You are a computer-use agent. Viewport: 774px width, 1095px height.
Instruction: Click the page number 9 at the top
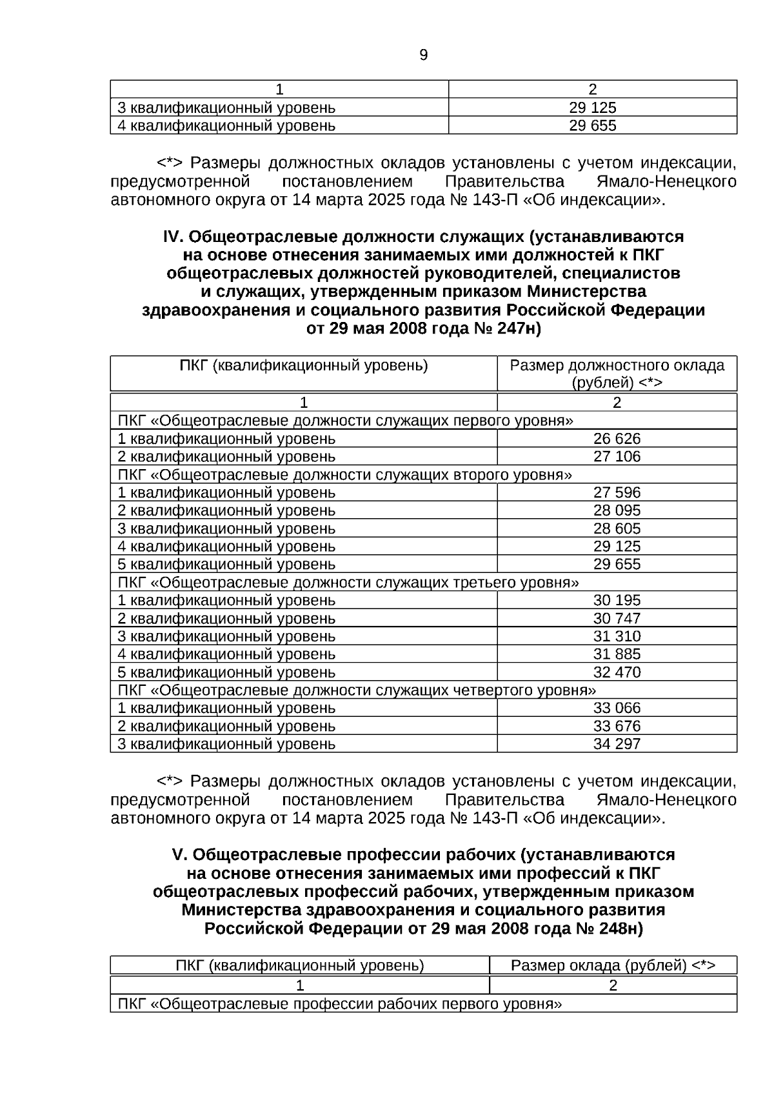423,55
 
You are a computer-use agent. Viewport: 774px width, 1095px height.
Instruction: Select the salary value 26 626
617,439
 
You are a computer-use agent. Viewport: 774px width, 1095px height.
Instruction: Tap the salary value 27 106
617,457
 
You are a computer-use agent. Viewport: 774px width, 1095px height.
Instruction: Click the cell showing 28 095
617,510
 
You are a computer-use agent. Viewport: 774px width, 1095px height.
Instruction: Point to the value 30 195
617,600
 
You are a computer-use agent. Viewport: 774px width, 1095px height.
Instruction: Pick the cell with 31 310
617,636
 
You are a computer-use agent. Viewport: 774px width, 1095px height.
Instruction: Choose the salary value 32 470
617,672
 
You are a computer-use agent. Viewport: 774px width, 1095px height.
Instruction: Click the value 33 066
617,708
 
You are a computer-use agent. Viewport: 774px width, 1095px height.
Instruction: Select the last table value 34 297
617,744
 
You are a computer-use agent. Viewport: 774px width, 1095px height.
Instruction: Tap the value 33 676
617,726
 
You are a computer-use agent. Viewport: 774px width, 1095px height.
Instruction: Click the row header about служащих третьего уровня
348,583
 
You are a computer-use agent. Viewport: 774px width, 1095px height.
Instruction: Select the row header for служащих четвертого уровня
357,690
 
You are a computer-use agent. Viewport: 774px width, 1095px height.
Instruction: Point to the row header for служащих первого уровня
346,421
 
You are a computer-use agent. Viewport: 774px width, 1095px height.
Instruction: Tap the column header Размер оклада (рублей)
613,965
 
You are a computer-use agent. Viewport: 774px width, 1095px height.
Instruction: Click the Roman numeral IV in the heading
173,237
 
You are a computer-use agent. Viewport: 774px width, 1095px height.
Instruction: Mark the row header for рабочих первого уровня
340,1004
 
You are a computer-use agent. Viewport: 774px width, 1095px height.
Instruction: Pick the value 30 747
617,618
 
